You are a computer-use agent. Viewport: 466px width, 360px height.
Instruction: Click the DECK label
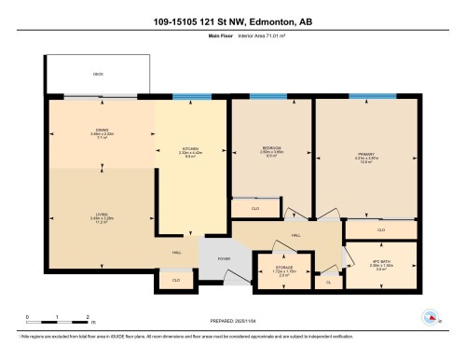click(97, 73)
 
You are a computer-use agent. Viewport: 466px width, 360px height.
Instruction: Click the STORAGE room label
click(283, 270)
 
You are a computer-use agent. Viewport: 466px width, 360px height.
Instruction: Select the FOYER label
click(224, 258)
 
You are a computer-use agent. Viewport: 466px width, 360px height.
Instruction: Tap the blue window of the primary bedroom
click(364, 95)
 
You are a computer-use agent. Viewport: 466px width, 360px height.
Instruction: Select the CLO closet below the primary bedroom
click(380, 229)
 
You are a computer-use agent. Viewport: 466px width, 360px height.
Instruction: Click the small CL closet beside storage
click(328, 280)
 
